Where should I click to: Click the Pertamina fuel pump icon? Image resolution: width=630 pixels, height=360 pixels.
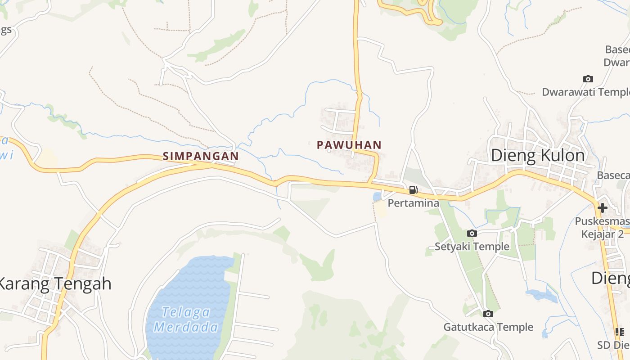pyautogui.click(x=413, y=190)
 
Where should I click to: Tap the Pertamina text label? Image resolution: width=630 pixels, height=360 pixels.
pyautogui.click(x=413, y=203)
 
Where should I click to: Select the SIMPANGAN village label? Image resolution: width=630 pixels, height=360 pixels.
pyautogui.click(x=201, y=156)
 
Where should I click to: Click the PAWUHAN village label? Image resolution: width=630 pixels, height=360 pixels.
pyautogui.click(x=349, y=145)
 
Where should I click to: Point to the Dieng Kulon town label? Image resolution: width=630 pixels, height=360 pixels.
pyautogui.click(x=538, y=155)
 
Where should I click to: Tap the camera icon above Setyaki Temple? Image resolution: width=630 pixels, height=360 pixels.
pyautogui.click(x=472, y=233)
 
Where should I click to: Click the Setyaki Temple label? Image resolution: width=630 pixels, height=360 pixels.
pyautogui.click(x=472, y=247)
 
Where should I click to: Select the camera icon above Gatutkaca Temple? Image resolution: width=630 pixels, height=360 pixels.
pyautogui.click(x=488, y=314)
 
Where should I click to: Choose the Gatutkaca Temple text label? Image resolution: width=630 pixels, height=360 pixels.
pyautogui.click(x=488, y=327)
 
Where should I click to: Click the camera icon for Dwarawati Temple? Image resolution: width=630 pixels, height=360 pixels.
pyautogui.click(x=588, y=79)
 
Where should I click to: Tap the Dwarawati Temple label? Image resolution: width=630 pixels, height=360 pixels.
pyautogui.click(x=585, y=92)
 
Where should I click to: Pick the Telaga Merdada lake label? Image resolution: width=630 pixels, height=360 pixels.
pyautogui.click(x=186, y=319)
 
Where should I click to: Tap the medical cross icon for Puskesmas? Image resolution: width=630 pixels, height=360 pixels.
pyautogui.click(x=603, y=208)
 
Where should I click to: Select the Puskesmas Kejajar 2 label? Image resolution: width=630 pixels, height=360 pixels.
pyautogui.click(x=603, y=228)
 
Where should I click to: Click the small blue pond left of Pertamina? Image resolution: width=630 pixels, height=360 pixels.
pyautogui.click(x=377, y=197)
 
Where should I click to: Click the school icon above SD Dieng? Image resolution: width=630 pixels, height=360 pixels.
pyautogui.click(x=620, y=332)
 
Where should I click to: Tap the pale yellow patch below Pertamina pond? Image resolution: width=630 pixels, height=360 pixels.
pyautogui.click(x=382, y=209)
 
